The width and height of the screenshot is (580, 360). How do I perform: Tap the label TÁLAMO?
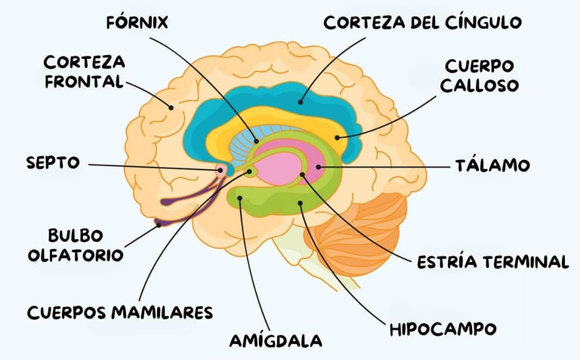click(x=492, y=165)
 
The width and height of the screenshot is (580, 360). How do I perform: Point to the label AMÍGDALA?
click(x=276, y=340)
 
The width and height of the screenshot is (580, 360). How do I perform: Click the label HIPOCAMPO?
click(x=443, y=329)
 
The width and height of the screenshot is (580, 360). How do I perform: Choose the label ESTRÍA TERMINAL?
click(x=492, y=262)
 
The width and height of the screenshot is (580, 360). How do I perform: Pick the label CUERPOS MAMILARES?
click(x=120, y=312)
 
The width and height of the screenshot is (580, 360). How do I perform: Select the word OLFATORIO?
click(x=75, y=255)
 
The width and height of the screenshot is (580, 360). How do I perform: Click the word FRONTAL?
click(x=84, y=81)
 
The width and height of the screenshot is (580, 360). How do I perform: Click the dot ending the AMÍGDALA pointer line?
click(x=240, y=199)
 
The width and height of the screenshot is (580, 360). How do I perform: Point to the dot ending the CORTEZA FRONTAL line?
click(x=171, y=108)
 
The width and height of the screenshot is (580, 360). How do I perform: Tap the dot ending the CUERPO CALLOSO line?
click(x=338, y=138)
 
